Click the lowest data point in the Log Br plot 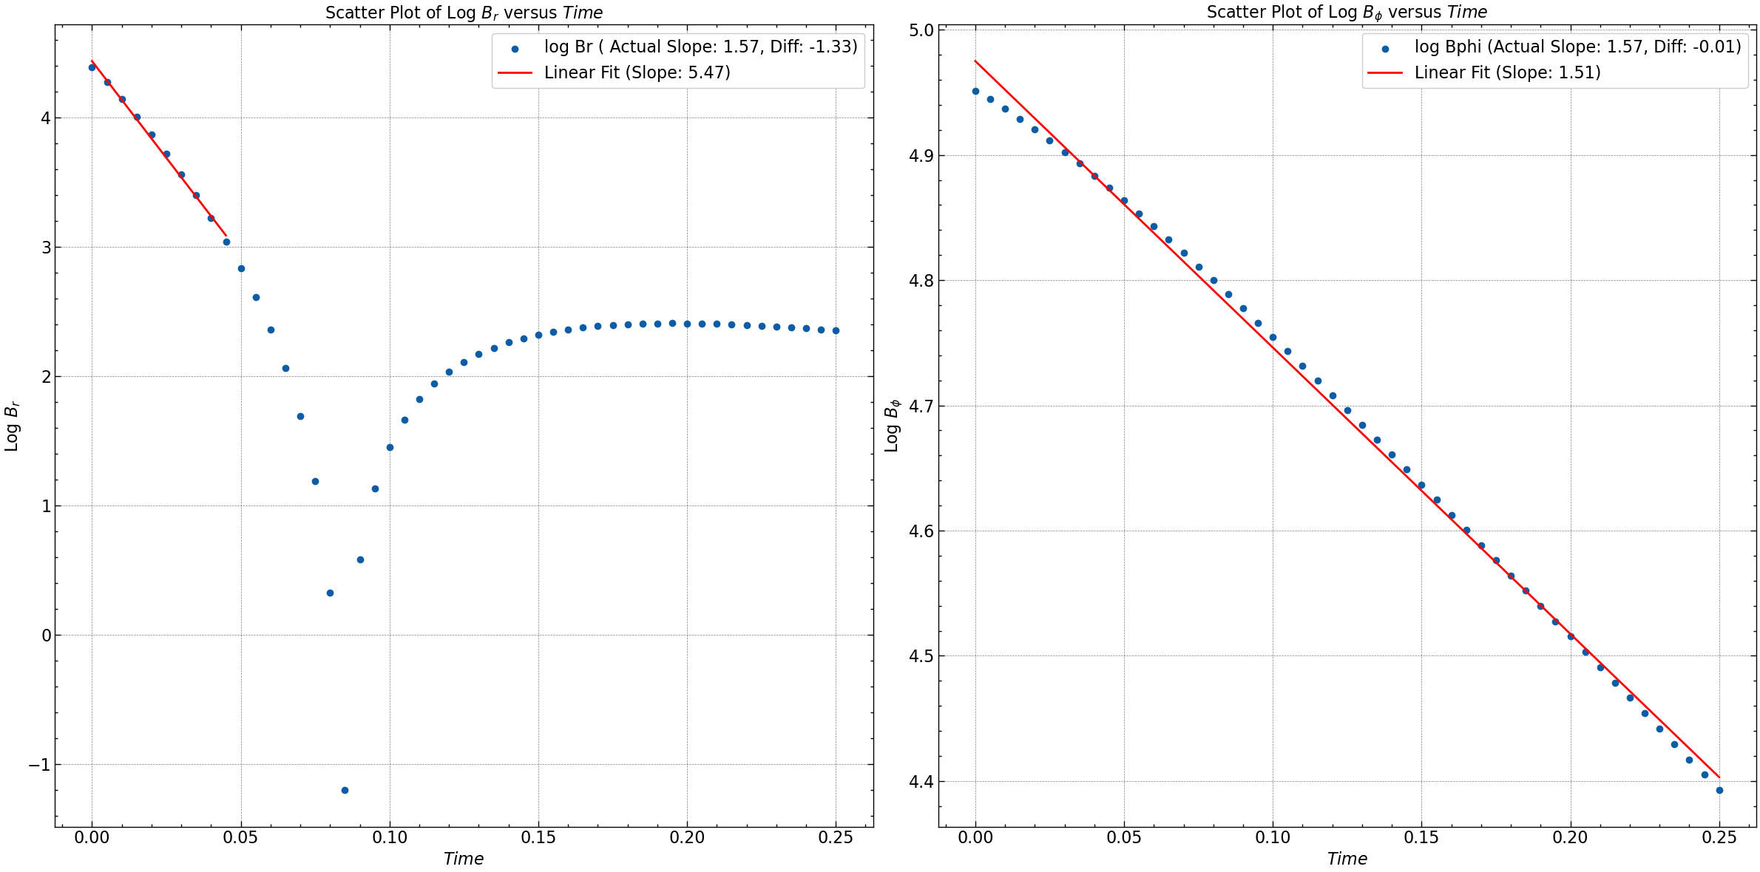(x=345, y=790)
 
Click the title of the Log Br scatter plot (x=464, y=13)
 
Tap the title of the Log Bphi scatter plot (x=1347, y=13)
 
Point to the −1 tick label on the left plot (x=39, y=765)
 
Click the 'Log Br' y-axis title (x=12, y=426)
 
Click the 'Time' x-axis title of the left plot (x=464, y=859)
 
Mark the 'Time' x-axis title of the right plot (x=1347, y=859)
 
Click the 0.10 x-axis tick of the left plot (x=390, y=838)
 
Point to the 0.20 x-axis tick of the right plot (x=1571, y=838)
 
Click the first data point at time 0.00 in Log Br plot (x=92, y=67)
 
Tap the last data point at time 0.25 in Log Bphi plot (x=1719, y=790)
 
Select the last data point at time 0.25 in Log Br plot (x=836, y=330)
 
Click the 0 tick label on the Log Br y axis (x=47, y=636)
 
